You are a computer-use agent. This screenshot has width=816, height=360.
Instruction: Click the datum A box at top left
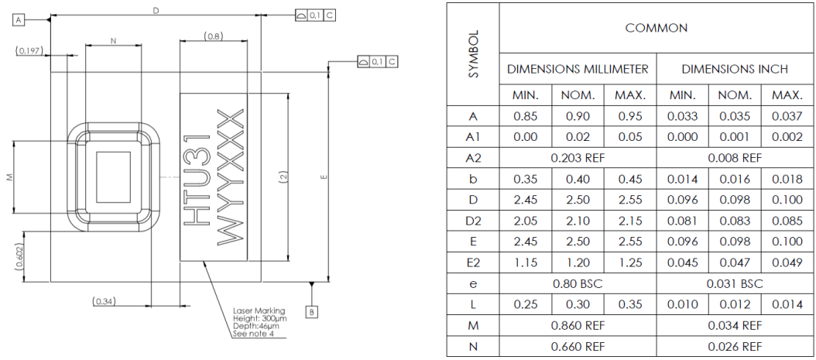(x=19, y=21)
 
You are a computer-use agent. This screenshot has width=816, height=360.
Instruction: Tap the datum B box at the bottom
(x=311, y=312)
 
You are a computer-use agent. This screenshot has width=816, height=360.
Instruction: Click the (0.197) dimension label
(x=28, y=50)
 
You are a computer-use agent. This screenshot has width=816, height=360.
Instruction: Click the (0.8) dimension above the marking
(x=214, y=36)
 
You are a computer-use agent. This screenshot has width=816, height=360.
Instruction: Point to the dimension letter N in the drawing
(x=113, y=41)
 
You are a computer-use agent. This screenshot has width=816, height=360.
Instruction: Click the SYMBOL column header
(x=474, y=54)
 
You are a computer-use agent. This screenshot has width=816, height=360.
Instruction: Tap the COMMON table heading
(x=656, y=28)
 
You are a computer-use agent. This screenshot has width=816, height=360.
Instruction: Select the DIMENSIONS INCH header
(x=734, y=69)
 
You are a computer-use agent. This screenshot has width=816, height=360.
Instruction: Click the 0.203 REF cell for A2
(x=578, y=157)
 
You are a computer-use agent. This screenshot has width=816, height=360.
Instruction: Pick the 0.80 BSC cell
(x=578, y=283)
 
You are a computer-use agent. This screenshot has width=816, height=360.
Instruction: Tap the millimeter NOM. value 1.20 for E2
(x=578, y=262)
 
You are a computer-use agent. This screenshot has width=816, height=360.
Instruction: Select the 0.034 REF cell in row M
(x=734, y=326)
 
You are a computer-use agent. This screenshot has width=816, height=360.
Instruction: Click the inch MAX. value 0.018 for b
(x=786, y=178)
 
